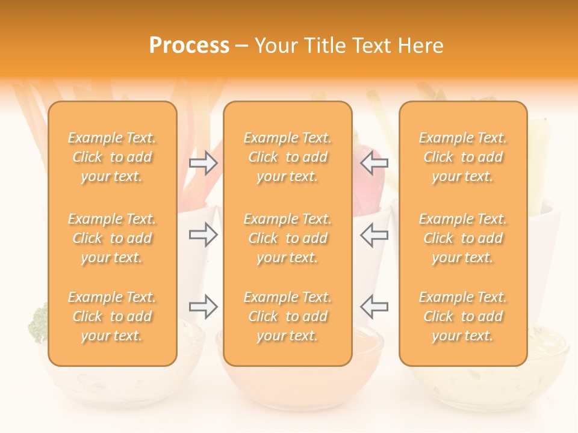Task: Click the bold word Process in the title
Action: pyautogui.click(x=189, y=46)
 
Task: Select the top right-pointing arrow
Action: pyautogui.click(x=203, y=162)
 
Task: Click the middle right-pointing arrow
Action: pyautogui.click(x=203, y=235)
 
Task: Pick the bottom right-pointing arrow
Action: pyautogui.click(x=203, y=307)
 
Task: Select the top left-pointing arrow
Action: pyautogui.click(x=374, y=162)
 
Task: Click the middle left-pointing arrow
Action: pyautogui.click(x=374, y=235)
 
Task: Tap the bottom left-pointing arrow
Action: pyautogui.click(x=374, y=307)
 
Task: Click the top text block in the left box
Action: pyautogui.click(x=112, y=157)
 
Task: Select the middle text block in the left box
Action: pyautogui.click(x=112, y=238)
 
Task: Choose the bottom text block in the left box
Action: pyautogui.click(x=112, y=316)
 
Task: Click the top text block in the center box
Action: pyautogui.click(x=288, y=157)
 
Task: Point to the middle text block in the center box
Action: pyautogui.click(x=288, y=238)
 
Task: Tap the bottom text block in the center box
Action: pyautogui.click(x=288, y=316)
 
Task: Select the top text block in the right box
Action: pyautogui.click(x=463, y=157)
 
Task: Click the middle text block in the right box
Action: pyautogui.click(x=463, y=238)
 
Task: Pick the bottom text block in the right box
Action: pyautogui.click(x=463, y=316)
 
